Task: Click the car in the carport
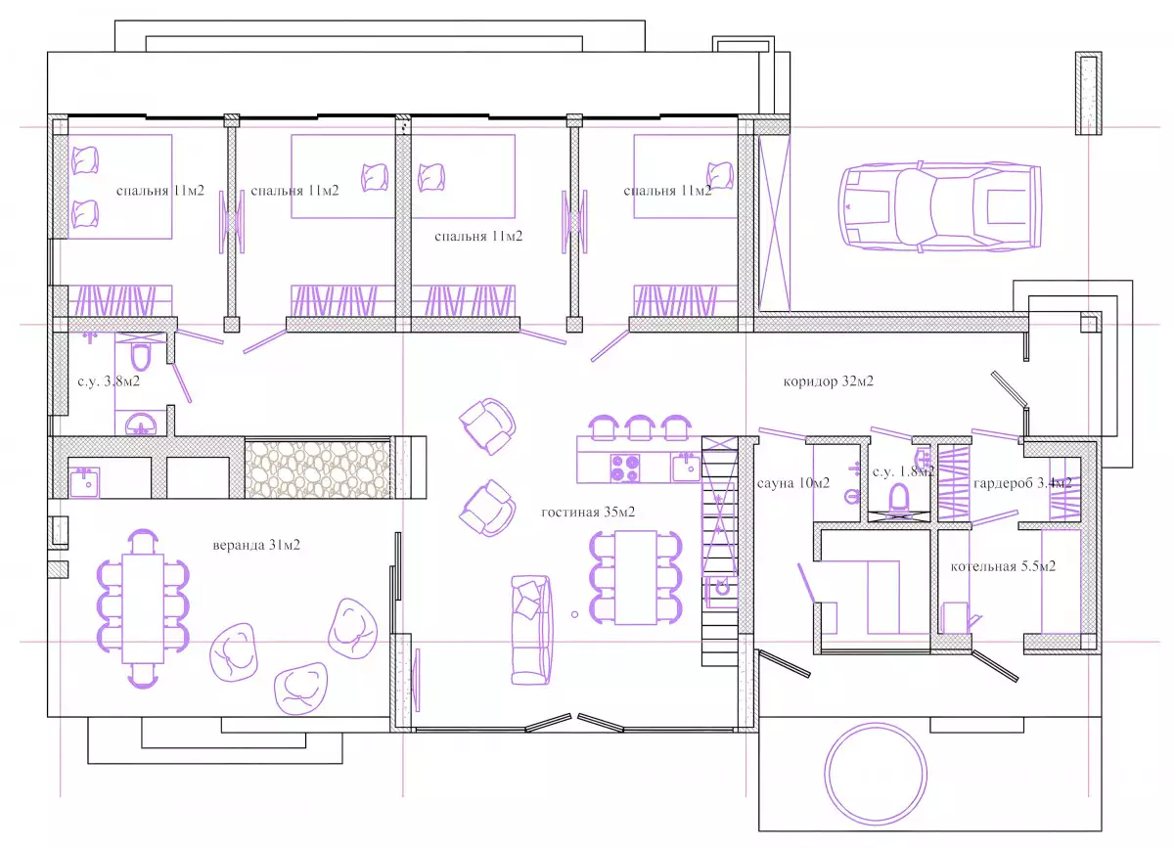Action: point(940,206)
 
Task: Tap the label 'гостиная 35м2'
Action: point(588,512)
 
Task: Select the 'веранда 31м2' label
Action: point(256,545)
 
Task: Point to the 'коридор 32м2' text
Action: point(829,381)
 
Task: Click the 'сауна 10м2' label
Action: point(793,483)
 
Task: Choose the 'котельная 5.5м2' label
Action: point(1003,566)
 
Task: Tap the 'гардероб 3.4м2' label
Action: point(1022,483)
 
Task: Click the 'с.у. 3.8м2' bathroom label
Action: point(109,381)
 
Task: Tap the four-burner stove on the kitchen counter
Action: point(625,469)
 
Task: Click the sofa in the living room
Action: point(531,630)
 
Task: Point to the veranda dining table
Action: point(143,608)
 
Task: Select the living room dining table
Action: point(636,578)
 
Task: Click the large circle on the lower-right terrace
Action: point(876,774)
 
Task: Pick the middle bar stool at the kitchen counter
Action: point(640,427)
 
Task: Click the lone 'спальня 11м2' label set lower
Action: point(478,237)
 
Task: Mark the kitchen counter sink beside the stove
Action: point(686,468)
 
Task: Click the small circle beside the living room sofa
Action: point(575,614)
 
